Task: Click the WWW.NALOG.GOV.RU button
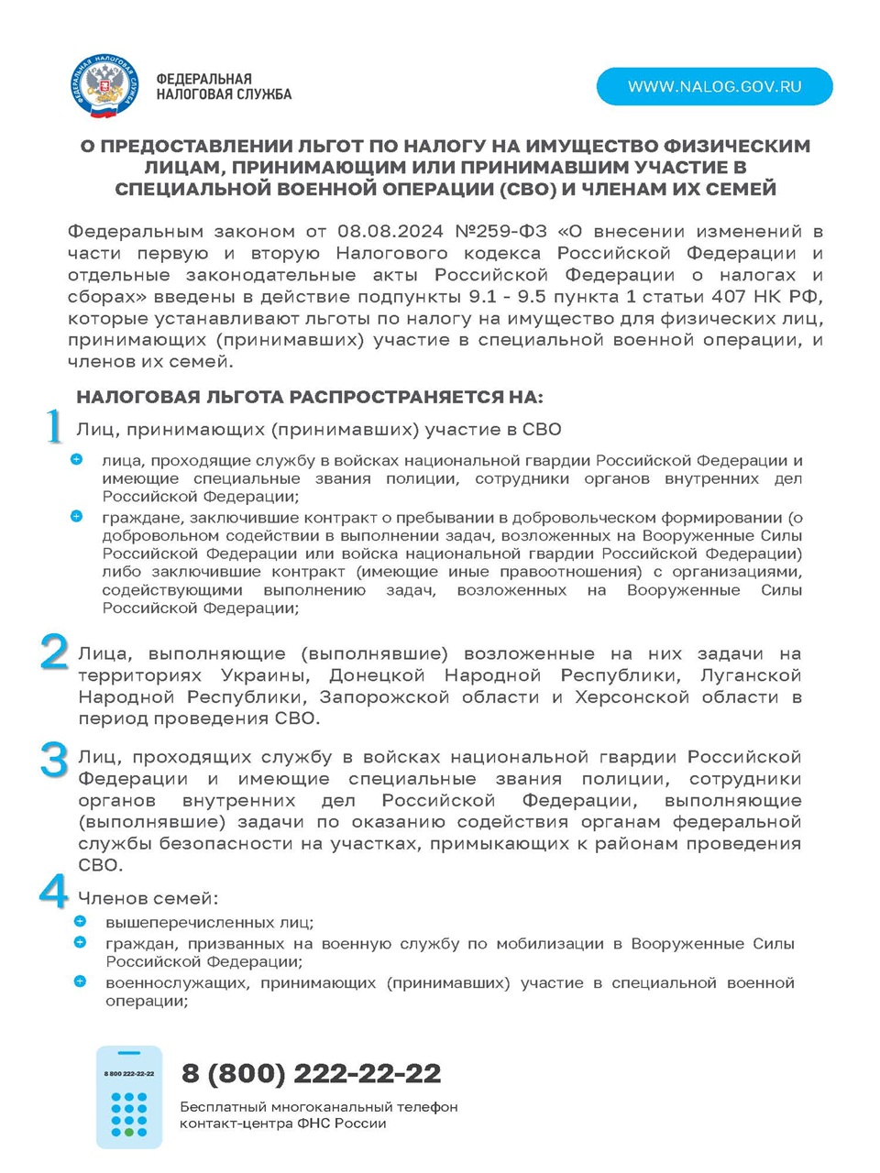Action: point(714,87)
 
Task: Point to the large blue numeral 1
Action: point(54,427)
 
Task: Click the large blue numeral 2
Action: point(54,652)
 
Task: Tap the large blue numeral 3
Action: point(54,760)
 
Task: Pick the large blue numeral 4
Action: point(54,892)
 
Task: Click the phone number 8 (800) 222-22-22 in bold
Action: point(311,1073)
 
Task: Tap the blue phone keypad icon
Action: point(129,1098)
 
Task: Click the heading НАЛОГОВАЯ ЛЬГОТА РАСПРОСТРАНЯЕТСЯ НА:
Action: point(310,397)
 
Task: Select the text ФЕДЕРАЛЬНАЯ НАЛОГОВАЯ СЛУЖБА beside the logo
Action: point(224,86)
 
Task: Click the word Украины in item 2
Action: point(263,675)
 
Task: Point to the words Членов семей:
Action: point(148,898)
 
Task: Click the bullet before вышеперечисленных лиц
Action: point(81,922)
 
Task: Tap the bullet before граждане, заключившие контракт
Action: point(77,517)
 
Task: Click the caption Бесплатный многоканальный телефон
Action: point(319,1107)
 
